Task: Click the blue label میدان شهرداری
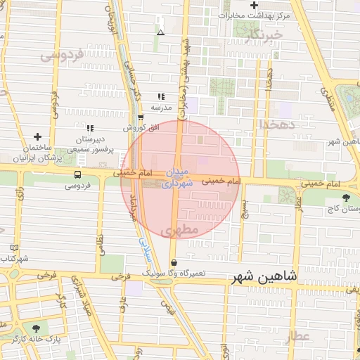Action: click(x=176, y=179)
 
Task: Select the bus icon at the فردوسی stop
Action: click(x=77, y=174)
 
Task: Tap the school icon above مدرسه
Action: click(x=162, y=96)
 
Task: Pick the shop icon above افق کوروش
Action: click(x=141, y=117)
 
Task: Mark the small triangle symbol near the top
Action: click(x=161, y=32)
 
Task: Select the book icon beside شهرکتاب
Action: click(x=15, y=247)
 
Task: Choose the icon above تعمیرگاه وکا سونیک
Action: click(x=174, y=262)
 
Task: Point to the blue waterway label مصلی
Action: click(x=143, y=246)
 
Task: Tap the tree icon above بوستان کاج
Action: click(x=345, y=198)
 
